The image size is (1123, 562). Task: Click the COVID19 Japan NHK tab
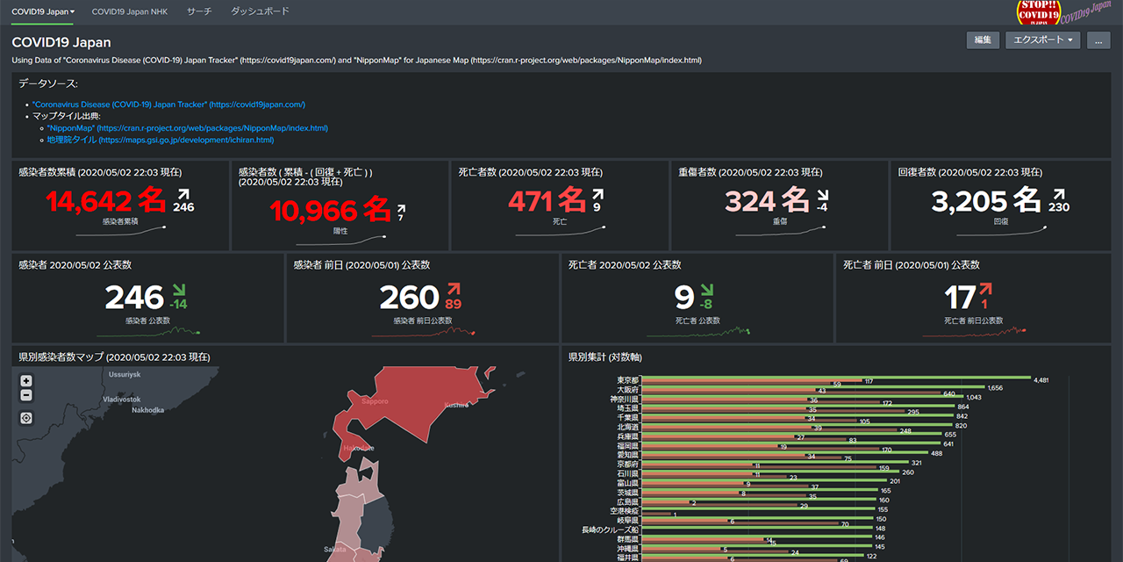[x=130, y=11]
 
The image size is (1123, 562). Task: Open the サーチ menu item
[x=198, y=11]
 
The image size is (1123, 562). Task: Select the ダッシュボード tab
[x=260, y=11]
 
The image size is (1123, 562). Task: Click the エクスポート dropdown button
[x=1043, y=40]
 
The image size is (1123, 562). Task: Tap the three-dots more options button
[x=1098, y=40]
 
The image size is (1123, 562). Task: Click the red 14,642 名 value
[x=105, y=201]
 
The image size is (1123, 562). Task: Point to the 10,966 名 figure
[x=330, y=210]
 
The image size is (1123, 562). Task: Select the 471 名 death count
[x=547, y=201]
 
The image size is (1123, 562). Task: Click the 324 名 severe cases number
[x=767, y=201]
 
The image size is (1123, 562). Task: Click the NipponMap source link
[x=187, y=128]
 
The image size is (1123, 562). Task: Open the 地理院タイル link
[x=160, y=140]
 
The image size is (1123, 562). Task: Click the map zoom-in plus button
[x=26, y=381]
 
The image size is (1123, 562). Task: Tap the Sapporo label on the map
[x=374, y=401]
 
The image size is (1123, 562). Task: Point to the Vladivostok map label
[x=121, y=399]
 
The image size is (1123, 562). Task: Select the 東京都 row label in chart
[x=627, y=380]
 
